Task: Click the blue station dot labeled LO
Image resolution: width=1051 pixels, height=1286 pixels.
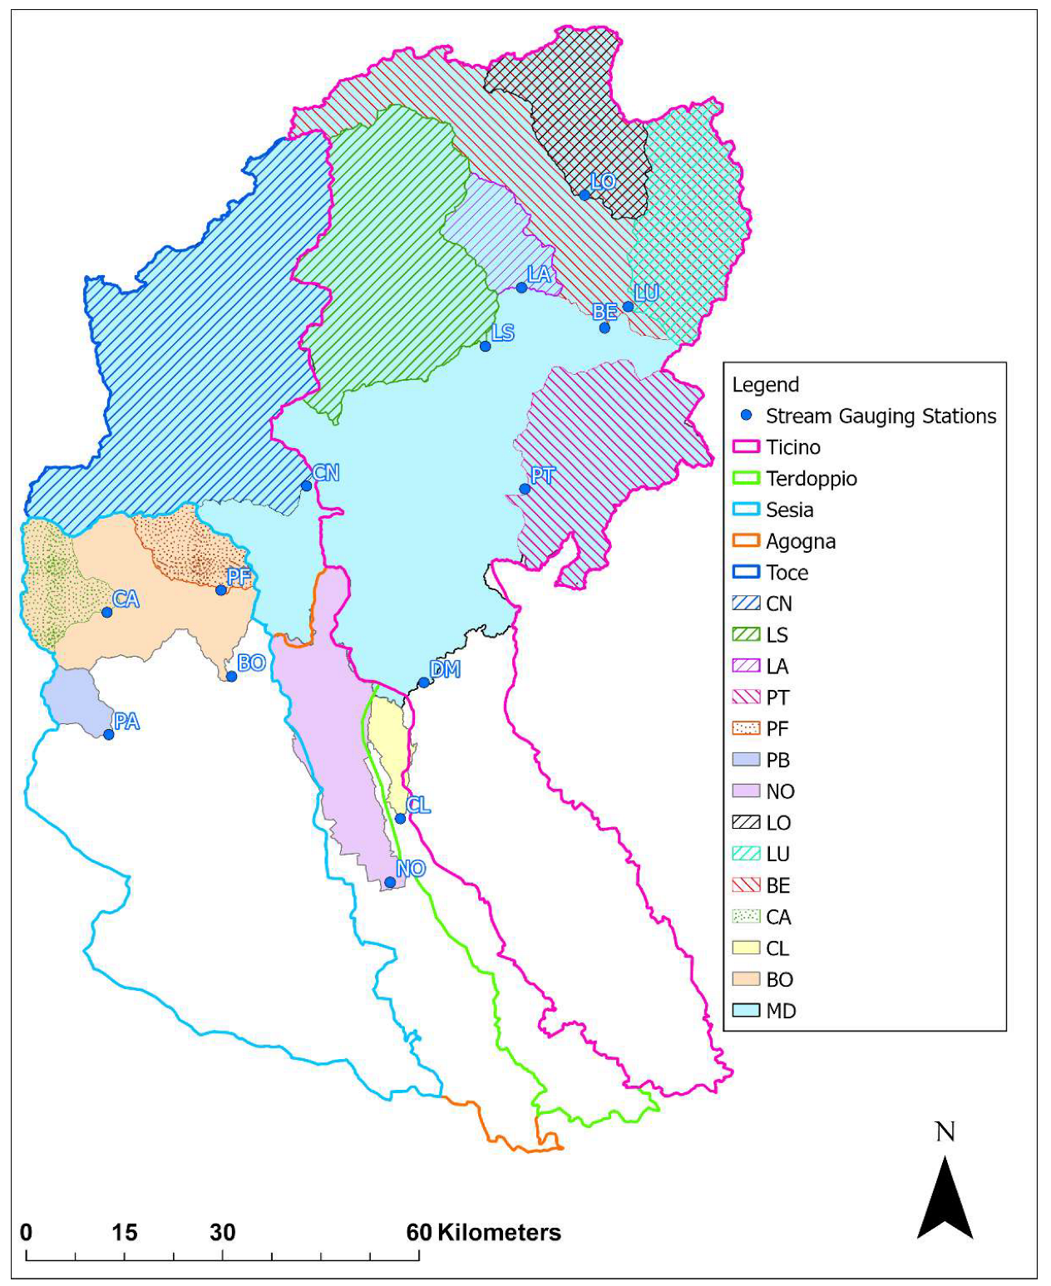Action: [x=585, y=195]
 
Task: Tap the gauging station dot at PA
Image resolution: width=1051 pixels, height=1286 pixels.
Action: [x=108, y=734]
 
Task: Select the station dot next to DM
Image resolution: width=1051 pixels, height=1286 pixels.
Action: [x=423, y=682]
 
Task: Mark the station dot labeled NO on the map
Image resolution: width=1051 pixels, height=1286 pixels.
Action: [x=390, y=882]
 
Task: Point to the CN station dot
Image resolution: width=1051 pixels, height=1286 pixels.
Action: [x=306, y=485]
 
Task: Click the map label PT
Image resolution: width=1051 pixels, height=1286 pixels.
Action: [x=543, y=475]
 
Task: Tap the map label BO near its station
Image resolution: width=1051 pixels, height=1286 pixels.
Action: [x=251, y=663]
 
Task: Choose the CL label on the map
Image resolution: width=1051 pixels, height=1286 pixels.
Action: [x=418, y=805]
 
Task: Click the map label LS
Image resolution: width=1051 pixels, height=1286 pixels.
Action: [x=503, y=333]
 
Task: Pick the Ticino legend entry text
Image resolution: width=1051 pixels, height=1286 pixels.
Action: [x=793, y=447]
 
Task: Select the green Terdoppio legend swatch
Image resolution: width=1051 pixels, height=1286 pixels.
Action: [x=746, y=478]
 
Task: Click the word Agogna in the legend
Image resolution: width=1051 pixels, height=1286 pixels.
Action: [x=801, y=541]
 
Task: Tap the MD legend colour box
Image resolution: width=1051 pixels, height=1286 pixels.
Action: [x=746, y=1010]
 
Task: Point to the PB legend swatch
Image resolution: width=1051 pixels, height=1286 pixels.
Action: [x=746, y=759]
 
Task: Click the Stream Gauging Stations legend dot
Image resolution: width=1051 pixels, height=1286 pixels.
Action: [x=746, y=415]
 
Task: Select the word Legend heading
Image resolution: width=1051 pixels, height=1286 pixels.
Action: [x=765, y=385]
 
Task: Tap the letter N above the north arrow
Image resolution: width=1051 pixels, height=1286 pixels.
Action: [x=945, y=1132]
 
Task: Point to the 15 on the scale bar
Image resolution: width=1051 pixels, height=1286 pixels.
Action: [x=124, y=1232]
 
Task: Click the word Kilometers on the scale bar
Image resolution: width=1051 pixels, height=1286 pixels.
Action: [x=499, y=1232]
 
